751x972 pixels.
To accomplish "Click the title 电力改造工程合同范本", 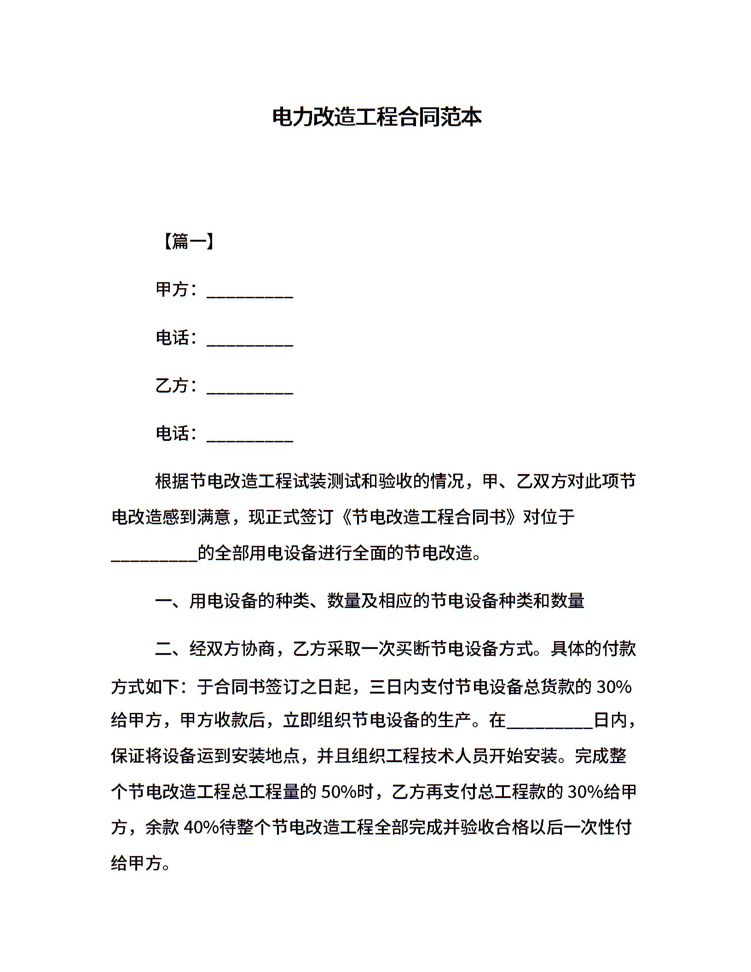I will (x=376, y=117).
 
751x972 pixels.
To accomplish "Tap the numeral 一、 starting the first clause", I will (x=171, y=601).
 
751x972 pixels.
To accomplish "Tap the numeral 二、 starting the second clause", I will (x=171, y=649).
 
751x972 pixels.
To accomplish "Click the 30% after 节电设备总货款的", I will (x=614, y=687).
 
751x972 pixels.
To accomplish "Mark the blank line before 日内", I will (x=549, y=726).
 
